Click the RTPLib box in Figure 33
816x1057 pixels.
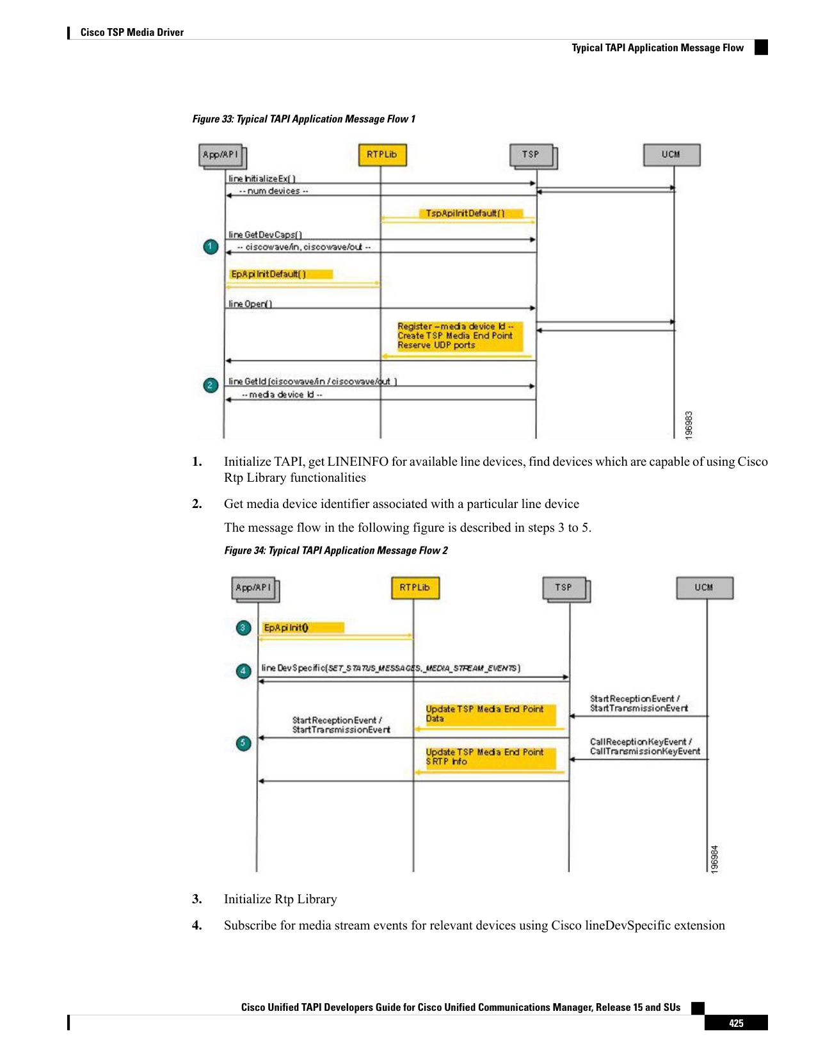tap(382, 154)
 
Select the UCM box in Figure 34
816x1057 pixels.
tap(704, 587)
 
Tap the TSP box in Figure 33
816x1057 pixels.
tap(532, 156)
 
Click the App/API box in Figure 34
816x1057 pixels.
tap(255, 589)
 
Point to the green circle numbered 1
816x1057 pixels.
tap(211, 247)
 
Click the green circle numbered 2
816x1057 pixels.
tap(211, 385)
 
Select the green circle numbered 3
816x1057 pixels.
tap(243, 628)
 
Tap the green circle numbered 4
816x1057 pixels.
tap(243, 671)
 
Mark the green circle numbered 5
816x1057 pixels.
tap(243, 742)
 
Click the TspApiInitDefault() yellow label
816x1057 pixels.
tap(471, 213)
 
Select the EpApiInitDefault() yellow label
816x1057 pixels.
tap(281, 274)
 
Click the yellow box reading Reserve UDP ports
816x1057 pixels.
tap(460, 336)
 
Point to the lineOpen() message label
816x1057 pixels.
tap(250, 304)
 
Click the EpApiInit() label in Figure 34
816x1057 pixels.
tap(286, 628)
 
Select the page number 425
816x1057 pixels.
tap(736, 1023)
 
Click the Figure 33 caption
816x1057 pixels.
tap(304, 119)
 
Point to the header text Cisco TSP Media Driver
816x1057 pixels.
tap(132, 32)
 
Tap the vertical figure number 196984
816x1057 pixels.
tap(714, 859)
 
